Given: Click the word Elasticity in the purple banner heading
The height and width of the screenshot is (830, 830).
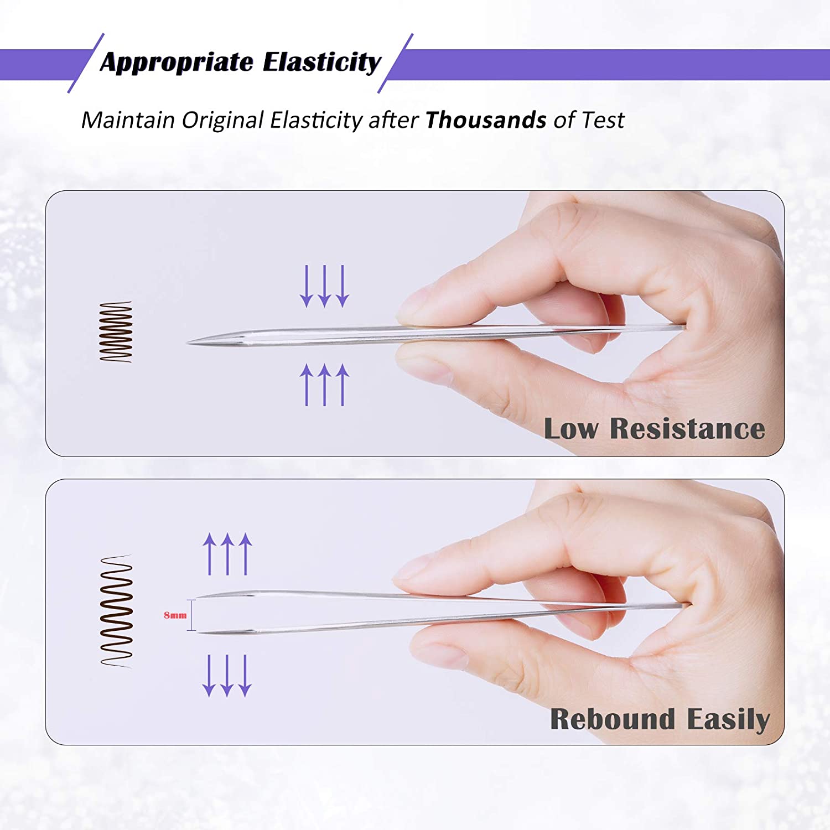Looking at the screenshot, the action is coord(322,63).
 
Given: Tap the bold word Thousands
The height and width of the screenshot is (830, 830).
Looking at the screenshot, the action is coord(486,120).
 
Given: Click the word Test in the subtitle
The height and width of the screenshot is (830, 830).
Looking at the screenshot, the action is coord(603,120).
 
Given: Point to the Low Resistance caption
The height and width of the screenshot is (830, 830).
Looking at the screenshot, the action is coord(655,429).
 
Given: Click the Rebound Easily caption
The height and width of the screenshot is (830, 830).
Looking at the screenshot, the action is coord(660,720).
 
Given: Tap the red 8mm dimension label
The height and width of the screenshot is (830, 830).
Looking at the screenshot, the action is coord(175,615).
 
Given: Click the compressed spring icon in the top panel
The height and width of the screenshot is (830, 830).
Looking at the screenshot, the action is coord(116,332).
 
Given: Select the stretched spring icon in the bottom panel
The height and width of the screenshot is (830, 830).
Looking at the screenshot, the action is coord(116,611).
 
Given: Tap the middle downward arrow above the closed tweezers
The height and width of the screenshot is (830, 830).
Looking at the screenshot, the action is coord(325,286).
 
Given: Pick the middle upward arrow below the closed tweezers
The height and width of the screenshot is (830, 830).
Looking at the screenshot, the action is coord(325,385).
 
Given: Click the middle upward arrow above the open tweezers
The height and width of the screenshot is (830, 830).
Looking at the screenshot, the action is coord(227,554).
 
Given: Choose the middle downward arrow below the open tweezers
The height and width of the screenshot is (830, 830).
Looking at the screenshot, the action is coord(227,676).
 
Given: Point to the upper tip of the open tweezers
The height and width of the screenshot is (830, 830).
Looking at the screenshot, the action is coord(198,597).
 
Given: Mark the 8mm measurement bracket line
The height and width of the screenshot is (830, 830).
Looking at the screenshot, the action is coord(191,615).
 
